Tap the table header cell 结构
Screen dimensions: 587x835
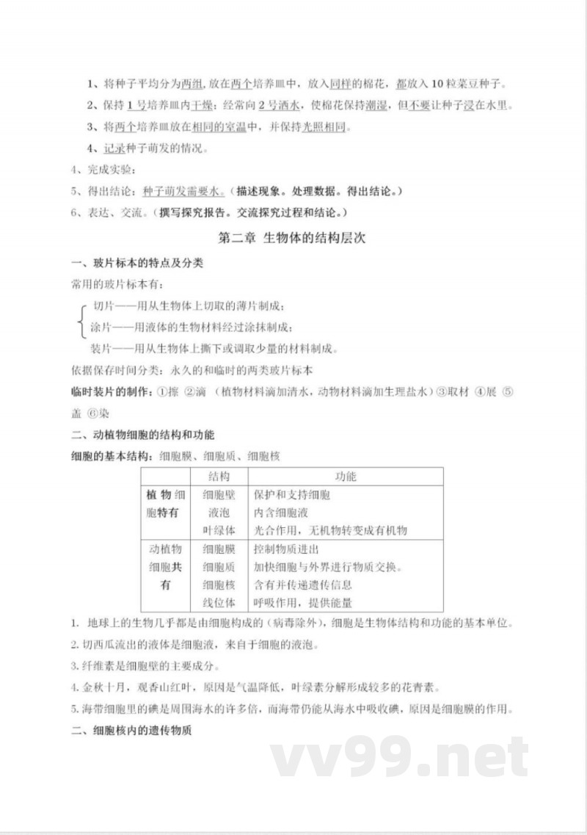click(219, 477)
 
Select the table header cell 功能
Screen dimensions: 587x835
click(346, 477)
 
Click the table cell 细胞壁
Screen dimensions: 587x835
click(219, 495)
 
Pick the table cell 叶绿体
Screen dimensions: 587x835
click(219, 530)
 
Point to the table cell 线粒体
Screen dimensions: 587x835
click(219, 603)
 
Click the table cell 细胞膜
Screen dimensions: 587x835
click(219, 549)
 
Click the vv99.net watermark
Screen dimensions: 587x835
click(399, 757)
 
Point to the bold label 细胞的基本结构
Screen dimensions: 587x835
click(106, 456)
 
